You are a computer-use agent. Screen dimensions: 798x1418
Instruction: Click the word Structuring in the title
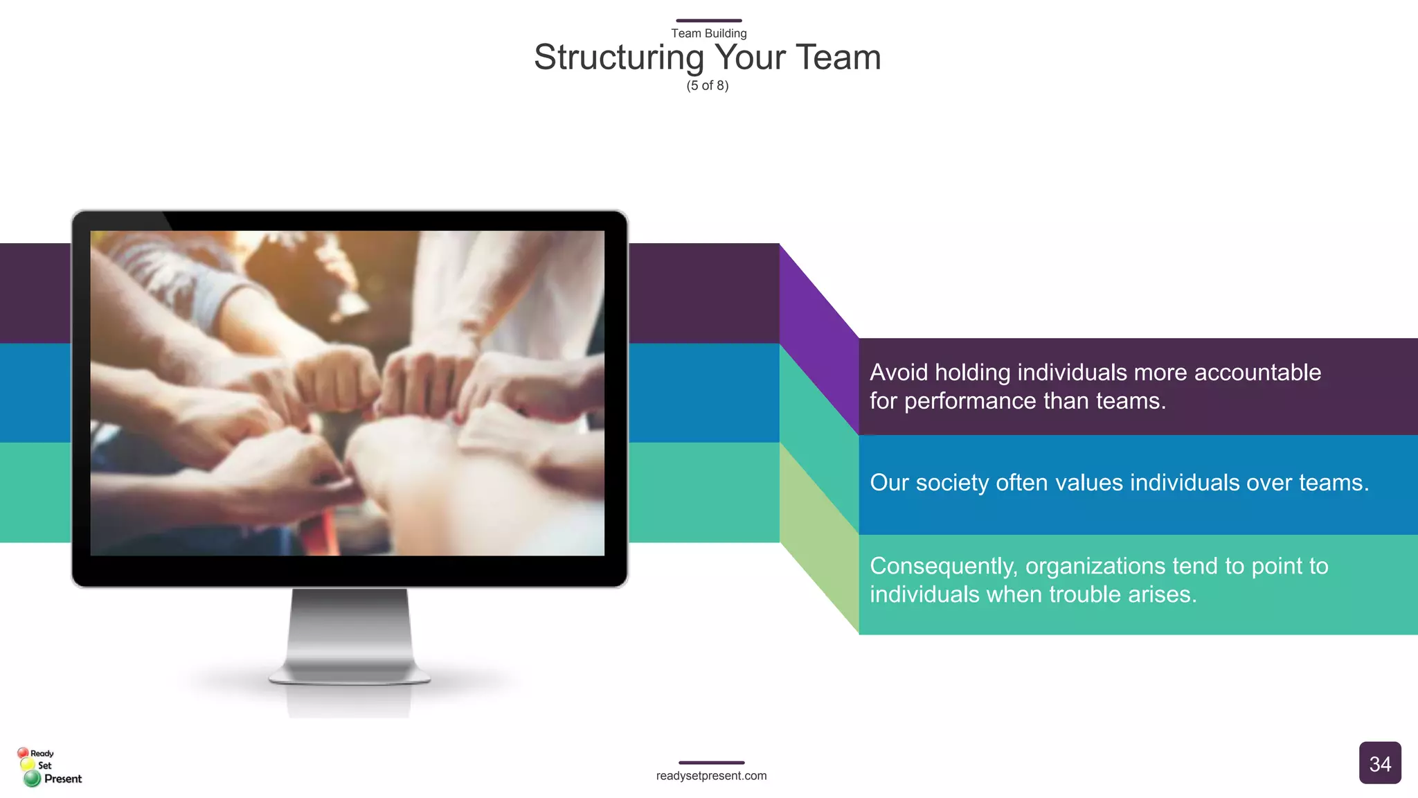(x=618, y=58)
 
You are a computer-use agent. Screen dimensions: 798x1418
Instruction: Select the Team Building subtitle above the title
(x=708, y=33)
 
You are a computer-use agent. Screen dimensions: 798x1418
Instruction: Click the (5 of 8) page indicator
(x=708, y=86)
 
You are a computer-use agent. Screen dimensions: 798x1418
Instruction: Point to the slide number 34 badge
(x=1379, y=763)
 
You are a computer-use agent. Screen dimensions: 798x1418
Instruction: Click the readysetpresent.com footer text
(x=711, y=776)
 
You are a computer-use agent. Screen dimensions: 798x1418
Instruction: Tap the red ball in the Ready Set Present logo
(x=23, y=753)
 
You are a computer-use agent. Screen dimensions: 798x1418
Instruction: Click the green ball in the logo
(x=32, y=779)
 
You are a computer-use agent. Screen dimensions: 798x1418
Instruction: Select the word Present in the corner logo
(x=63, y=779)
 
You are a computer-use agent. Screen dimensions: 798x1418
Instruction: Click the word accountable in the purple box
(x=1257, y=373)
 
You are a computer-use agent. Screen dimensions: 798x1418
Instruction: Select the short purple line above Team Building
(x=708, y=21)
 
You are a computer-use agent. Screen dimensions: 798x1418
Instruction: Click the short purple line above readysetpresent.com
(x=711, y=763)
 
